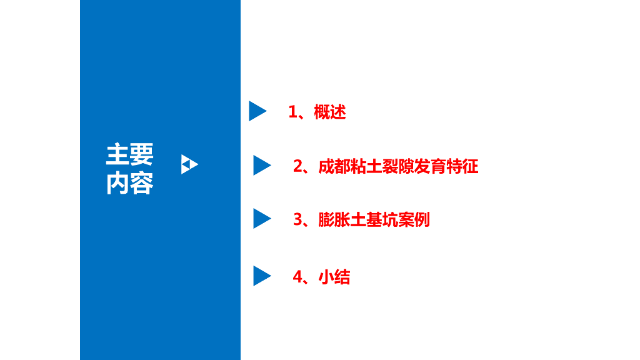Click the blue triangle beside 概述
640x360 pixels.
point(256,111)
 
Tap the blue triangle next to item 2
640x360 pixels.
point(261,166)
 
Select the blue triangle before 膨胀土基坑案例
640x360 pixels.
point(261,219)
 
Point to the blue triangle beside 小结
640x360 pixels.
point(261,276)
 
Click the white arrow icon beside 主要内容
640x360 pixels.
point(189,164)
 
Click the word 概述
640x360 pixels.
point(330,112)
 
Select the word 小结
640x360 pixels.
point(334,277)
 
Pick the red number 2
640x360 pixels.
point(297,167)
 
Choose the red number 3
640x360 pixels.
point(297,220)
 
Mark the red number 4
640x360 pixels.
point(297,277)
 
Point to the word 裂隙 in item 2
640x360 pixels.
point(397,167)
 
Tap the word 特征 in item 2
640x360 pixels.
point(462,167)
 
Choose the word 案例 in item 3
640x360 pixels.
point(414,220)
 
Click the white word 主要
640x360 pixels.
point(129,154)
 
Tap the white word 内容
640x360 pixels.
point(129,183)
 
